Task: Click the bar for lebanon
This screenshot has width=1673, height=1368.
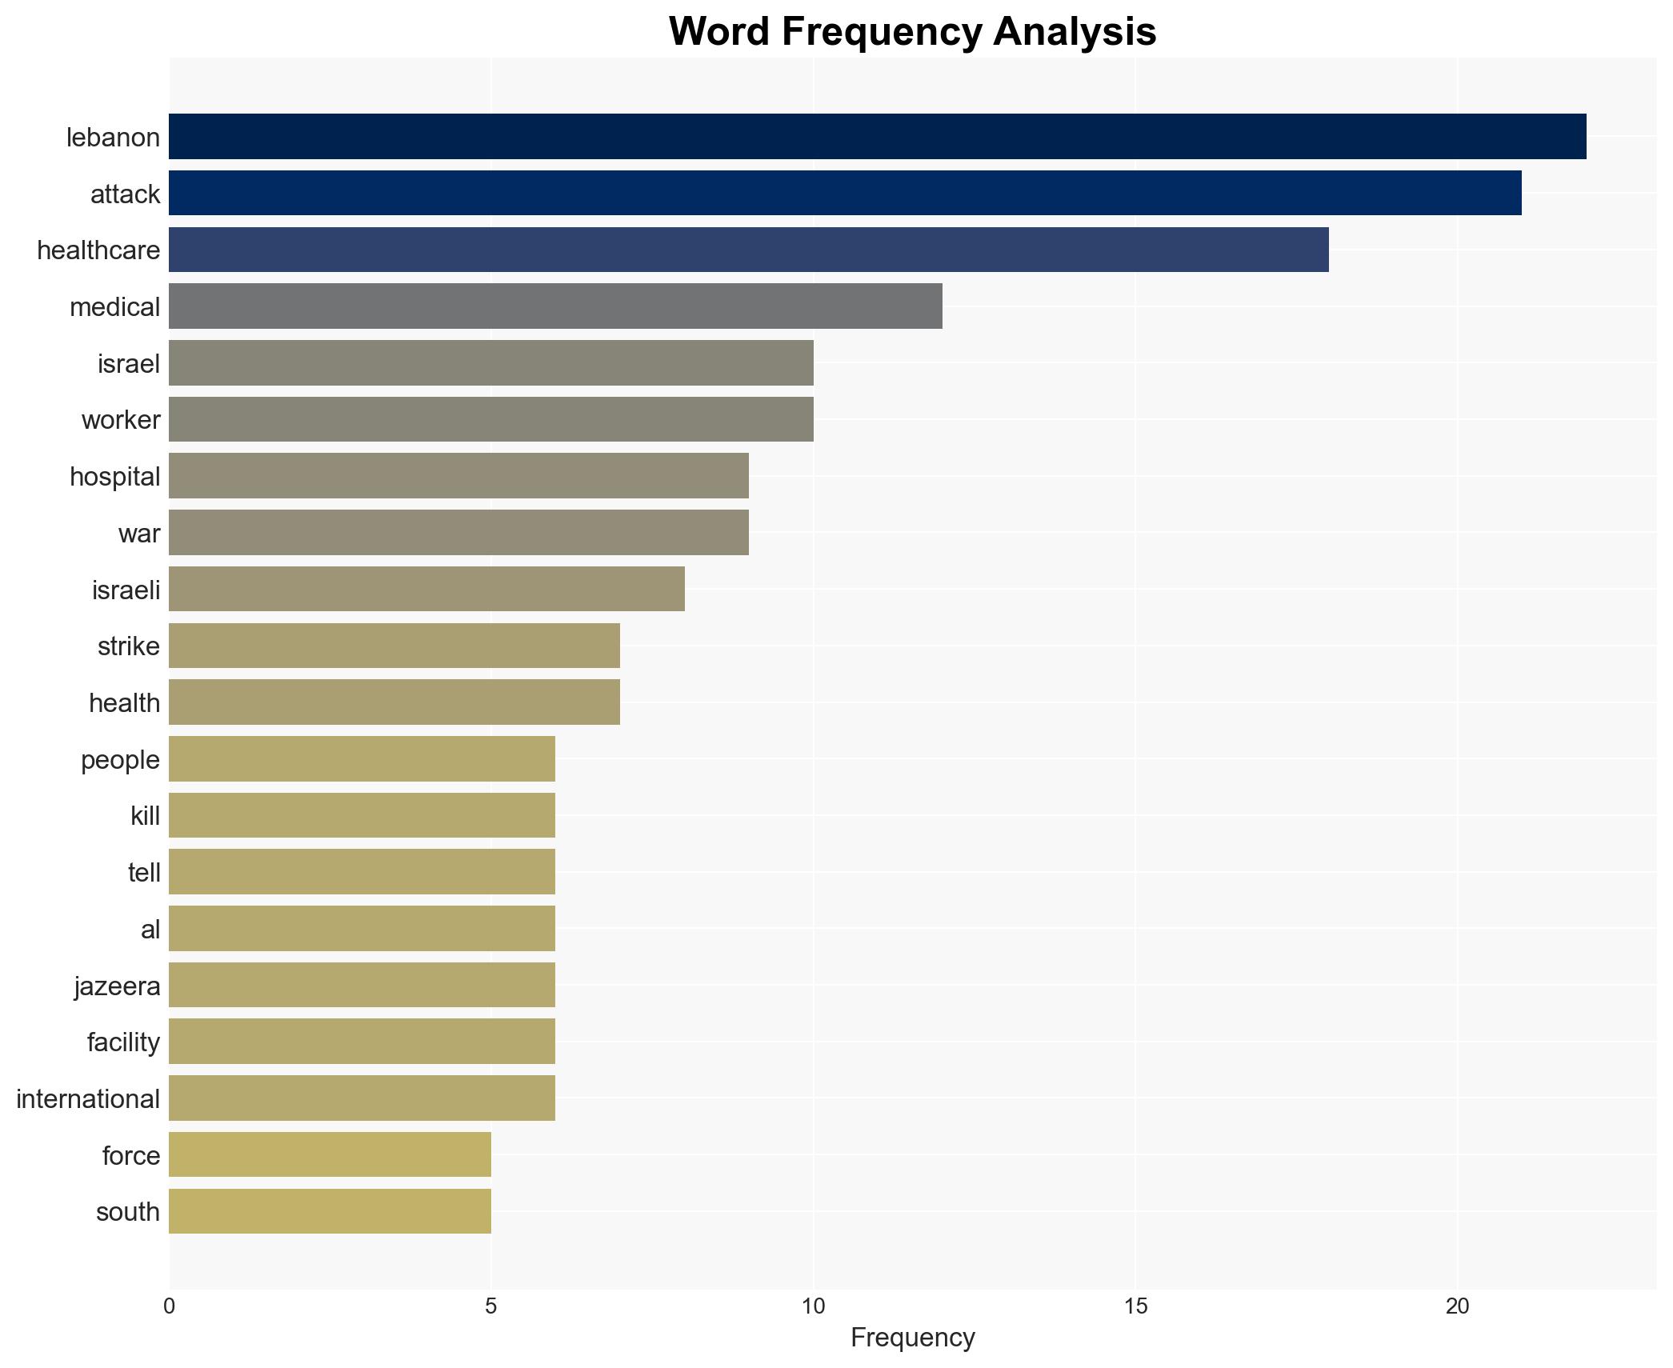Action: [x=877, y=137]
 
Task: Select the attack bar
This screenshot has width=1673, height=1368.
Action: [x=845, y=194]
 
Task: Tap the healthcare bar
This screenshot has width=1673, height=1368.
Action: [x=748, y=250]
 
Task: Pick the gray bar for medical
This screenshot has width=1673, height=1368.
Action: [x=555, y=306]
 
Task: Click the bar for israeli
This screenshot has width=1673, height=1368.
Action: [x=426, y=590]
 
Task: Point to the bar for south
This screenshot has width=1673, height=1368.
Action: [x=330, y=1211]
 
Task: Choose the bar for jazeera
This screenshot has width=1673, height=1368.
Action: [x=362, y=985]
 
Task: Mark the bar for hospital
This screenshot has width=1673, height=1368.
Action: [x=458, y=476]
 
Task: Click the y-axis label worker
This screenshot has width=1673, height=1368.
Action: [x=121, y=420]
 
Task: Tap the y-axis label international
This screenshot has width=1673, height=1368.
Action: [x=88, y=1099]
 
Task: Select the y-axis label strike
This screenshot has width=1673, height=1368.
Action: [x=128, y=646]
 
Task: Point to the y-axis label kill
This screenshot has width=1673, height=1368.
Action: [x=145, y=816]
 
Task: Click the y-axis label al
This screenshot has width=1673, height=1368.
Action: [x=150, y=930]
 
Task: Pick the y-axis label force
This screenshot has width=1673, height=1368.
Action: [x=131, y=1156]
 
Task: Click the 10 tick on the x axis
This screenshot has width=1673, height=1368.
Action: [x=813, y=1306]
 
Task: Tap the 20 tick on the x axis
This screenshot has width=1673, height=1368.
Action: [x=1457, y=1306]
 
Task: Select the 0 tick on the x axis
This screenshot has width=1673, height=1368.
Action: [x=169, y=1306]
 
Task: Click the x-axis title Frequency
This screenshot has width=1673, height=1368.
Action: [x=912, y=1338]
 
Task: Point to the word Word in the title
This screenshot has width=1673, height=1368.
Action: [x=718, y=32]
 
